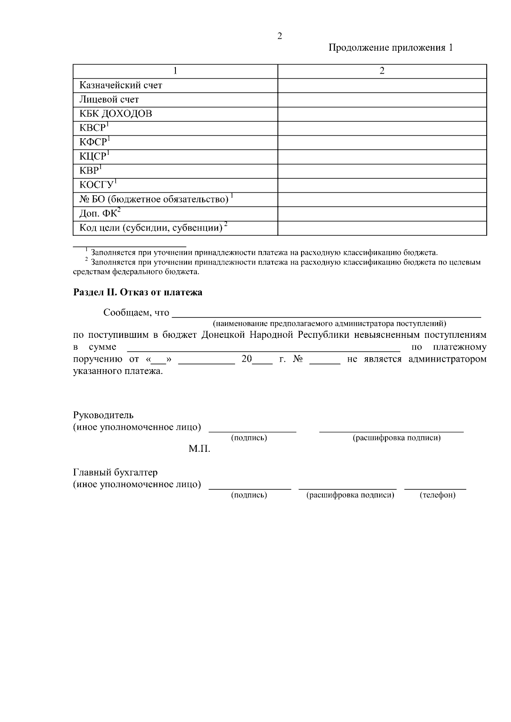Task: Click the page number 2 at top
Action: pos(279,36)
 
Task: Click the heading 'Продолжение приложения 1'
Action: pos(390,48)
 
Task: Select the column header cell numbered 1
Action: pos(175,71)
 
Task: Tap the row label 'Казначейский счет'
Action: pos(121,86)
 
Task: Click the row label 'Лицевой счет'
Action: pos(109,100)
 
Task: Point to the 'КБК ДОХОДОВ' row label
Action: pos(115,114)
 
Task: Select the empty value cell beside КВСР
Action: pos(382,128)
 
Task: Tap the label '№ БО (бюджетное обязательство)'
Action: pos(156,199)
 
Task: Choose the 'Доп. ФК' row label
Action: pos(100,214)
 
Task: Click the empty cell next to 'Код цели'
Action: pos(382,228)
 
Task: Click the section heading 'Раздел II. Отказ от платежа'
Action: pos(138,292)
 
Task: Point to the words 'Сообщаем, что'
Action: pos(136,313)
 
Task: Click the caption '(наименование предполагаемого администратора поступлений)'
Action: pos(329,323)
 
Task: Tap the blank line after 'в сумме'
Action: pos(264,348)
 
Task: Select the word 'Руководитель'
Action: pos(103,415)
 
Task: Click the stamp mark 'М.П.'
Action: pos(199,449)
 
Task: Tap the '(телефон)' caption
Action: pos(437,495)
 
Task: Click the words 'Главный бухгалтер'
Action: pos(115,473)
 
